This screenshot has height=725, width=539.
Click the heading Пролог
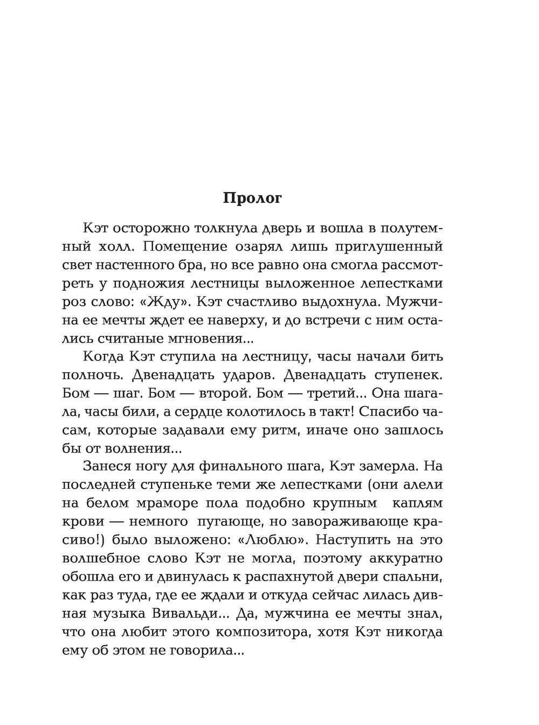click(x=252, y=199)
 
